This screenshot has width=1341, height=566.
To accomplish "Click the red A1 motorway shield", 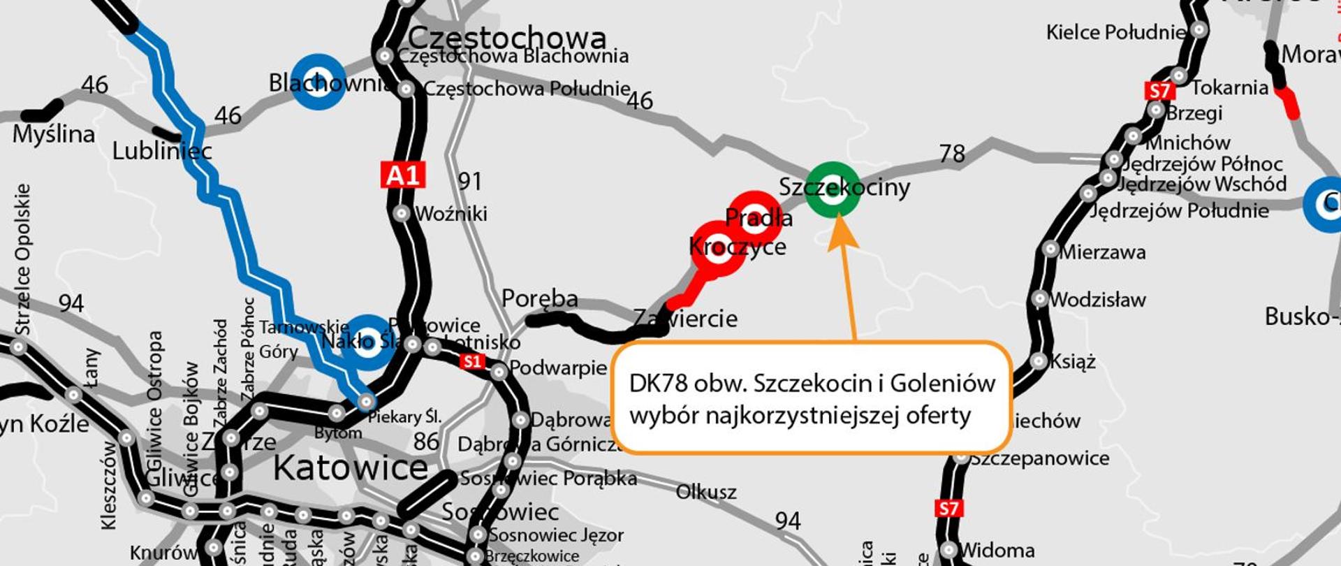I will tap(403, 175).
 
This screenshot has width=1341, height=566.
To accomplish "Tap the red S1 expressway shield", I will tap(473, 361).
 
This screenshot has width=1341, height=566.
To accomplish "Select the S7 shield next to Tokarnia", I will tap(1159, 91).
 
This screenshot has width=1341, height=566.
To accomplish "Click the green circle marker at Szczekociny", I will tap(832, 190).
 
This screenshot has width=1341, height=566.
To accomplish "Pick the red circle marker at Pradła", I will tap(754, 218).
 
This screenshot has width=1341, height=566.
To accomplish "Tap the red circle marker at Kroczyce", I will tap(718, 248).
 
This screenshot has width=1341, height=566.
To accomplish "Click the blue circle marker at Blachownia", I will tap(318, 82).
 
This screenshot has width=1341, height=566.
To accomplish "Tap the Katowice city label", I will tap(350, 468).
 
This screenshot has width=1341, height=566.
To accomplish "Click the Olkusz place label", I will tap(705, 492).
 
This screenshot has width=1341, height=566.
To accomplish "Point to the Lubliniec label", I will tap(162, 151).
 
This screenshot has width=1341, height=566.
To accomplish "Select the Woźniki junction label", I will tap(451, 214).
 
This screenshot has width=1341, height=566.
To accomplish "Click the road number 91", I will tap(470, 182).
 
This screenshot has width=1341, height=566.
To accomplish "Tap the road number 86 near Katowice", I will tap(426, 442).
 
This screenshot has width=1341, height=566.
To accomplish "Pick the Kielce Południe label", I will tap(1115, 32).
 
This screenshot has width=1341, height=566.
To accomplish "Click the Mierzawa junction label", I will tap(1103, 252).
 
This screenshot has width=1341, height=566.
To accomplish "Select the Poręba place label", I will tap(540, 299).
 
